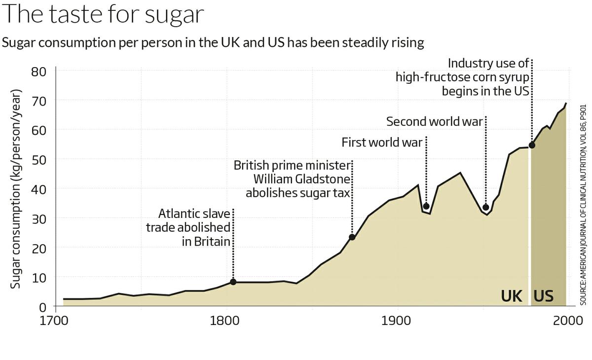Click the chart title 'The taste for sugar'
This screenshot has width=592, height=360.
tap(103, 14)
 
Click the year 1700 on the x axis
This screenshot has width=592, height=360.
tap(55, 320)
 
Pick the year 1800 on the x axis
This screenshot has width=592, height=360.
tap(226, 320)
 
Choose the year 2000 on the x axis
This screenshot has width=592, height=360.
tap(567, 320)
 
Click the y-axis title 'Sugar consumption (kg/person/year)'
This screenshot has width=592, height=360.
tap(16, 189)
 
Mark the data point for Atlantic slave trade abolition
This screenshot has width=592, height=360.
tap(233, 282)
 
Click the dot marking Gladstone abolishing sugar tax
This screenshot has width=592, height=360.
tap(352, 237)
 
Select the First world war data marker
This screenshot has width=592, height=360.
tap(426, 206)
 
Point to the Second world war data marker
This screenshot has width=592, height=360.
tap(485, 207)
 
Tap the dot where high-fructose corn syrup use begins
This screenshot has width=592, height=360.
tap(532, 145)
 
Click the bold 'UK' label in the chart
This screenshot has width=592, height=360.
tap(512, 296)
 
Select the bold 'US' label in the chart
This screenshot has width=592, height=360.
tap(543, 296)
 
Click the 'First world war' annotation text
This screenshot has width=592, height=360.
tap(382, 143)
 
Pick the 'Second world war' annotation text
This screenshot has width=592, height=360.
tap(434, 121)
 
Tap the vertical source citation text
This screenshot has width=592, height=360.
tap(582, 205)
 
